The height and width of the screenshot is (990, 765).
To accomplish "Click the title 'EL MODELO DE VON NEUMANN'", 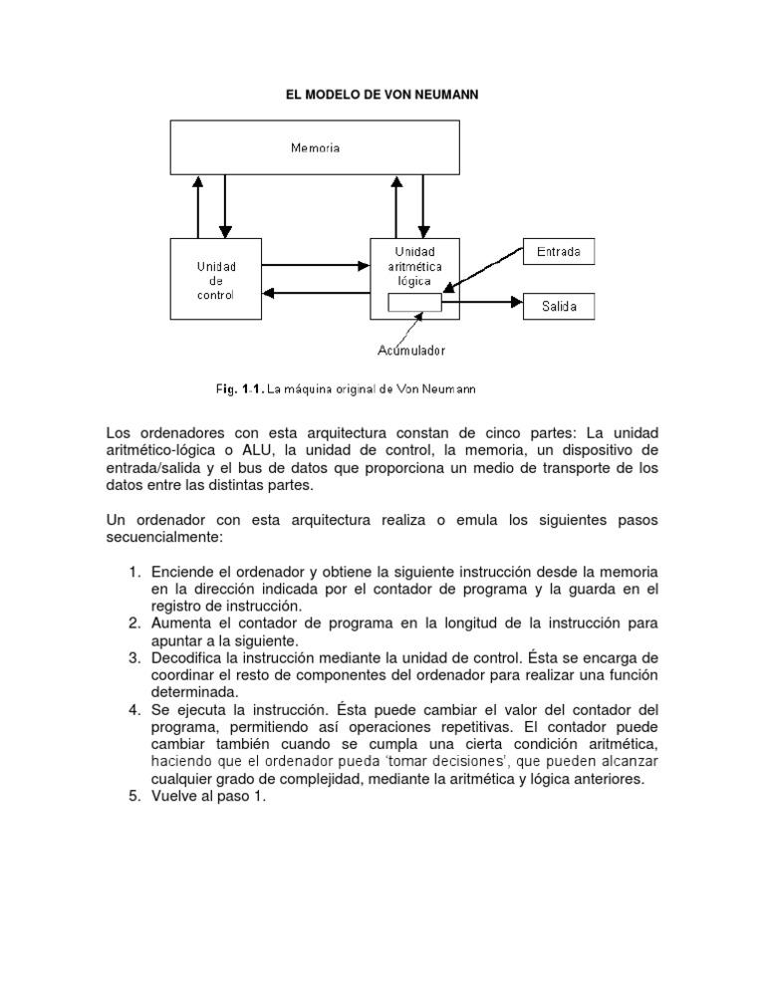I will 382,95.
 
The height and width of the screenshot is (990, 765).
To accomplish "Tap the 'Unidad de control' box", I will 215,280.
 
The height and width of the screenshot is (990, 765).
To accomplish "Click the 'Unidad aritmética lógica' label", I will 415,267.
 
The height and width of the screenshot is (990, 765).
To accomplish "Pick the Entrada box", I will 559,253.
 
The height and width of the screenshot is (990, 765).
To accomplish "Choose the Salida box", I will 559,306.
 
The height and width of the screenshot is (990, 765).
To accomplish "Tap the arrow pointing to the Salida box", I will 483,299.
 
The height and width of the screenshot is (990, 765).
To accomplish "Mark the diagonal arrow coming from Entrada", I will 483,274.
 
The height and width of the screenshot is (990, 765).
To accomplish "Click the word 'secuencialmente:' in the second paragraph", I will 164,537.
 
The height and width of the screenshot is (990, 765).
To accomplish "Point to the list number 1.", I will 133,572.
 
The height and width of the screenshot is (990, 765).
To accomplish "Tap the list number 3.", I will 133,657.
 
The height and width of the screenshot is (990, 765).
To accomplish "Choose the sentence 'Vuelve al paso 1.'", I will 209,797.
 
